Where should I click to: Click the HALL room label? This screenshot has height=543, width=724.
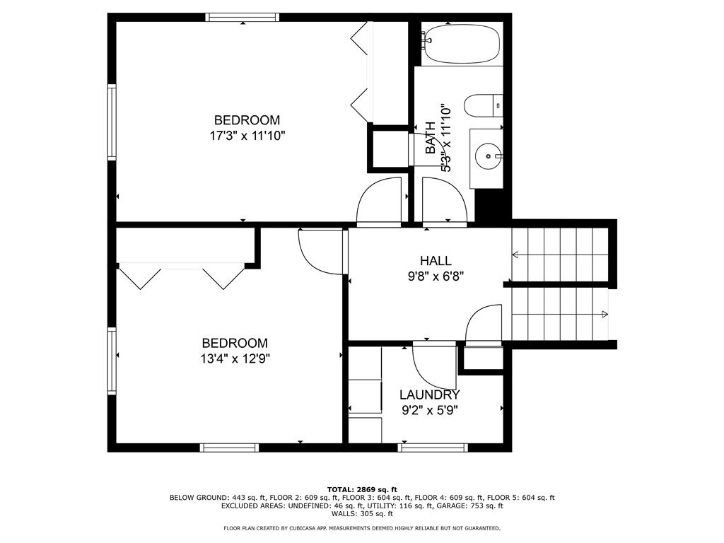pos(435,261)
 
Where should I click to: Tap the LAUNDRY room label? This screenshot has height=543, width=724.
pos(429,395)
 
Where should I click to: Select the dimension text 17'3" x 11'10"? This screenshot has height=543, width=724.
pos(247,135)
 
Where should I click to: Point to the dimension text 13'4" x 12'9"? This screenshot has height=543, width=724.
pos(235,358)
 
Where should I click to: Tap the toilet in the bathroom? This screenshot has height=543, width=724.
pos(484,106)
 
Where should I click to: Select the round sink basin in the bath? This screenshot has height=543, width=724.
pos(486,153)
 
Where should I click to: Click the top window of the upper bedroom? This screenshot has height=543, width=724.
pos(243,17)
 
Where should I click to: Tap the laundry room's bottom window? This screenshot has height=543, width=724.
pos(433,447)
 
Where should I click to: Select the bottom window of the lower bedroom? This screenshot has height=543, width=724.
pos(230,447)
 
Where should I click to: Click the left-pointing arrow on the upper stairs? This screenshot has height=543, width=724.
pos(515,255)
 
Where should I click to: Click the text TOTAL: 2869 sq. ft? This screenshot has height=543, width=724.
pos(362,489)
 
